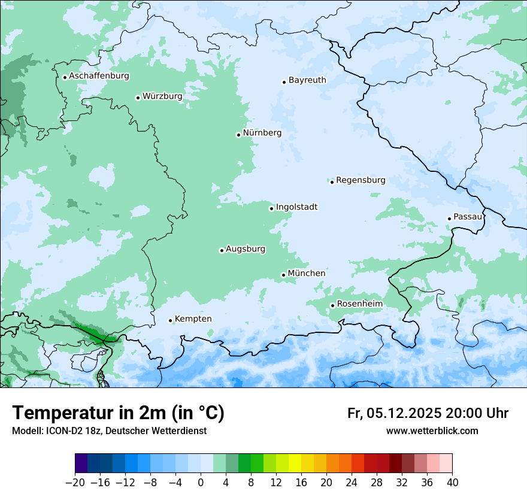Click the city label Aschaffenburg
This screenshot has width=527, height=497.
coord(99,76)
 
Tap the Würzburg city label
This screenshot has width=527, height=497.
coord(162,96)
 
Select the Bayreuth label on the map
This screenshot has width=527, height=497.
coord(307,80)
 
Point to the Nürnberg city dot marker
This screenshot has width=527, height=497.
coord(238,135)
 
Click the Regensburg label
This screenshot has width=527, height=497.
coord(361,180)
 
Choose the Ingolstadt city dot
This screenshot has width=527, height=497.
coord(271,209)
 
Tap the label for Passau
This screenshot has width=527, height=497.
coord(468,217)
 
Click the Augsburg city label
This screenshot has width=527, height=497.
coord(246,249)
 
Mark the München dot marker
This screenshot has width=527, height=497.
coord(283,275)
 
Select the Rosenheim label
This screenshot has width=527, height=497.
coord(359,304)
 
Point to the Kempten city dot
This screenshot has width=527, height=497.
coord(170,321)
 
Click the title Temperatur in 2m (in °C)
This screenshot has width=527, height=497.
coord(118,413)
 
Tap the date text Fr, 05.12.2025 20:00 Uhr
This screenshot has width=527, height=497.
coord(428,413)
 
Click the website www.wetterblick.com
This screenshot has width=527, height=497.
coord(432,431)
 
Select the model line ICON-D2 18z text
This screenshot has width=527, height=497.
coord(109,431)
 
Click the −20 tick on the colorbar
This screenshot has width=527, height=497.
coord(75,483)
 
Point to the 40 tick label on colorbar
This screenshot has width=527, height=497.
coord(452,483)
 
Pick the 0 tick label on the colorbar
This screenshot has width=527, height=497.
coord(201,483)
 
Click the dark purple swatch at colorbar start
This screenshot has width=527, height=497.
coord(81,463)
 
